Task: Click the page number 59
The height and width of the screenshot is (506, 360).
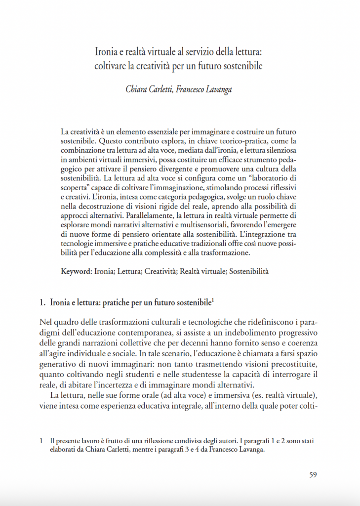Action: point(312,475)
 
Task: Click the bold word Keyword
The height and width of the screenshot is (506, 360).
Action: point(76,271)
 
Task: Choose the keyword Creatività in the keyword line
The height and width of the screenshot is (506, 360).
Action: point(160,271)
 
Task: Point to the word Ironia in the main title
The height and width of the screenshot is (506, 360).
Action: point(106,51)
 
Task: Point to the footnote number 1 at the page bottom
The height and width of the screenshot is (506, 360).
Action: point(41,440)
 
